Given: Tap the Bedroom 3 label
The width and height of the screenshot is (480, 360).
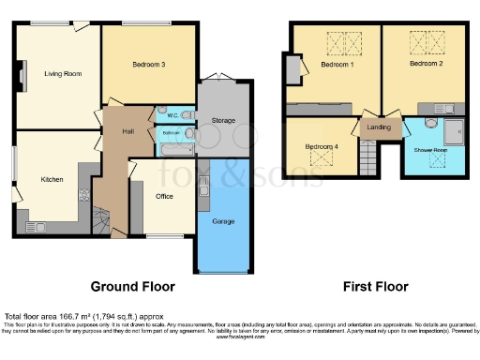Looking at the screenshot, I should (149, 65).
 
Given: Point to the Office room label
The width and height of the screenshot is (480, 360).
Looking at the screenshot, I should (163, 196).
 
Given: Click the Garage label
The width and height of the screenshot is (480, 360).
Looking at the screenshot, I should (223, 220).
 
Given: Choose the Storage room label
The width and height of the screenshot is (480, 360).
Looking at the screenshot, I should (222, 120).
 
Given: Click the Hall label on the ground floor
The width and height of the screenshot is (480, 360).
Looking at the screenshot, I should (127, 131).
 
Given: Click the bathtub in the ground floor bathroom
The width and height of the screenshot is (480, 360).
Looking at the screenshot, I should (173, 147).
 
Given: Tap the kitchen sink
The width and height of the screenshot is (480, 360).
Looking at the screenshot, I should (37, 226).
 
